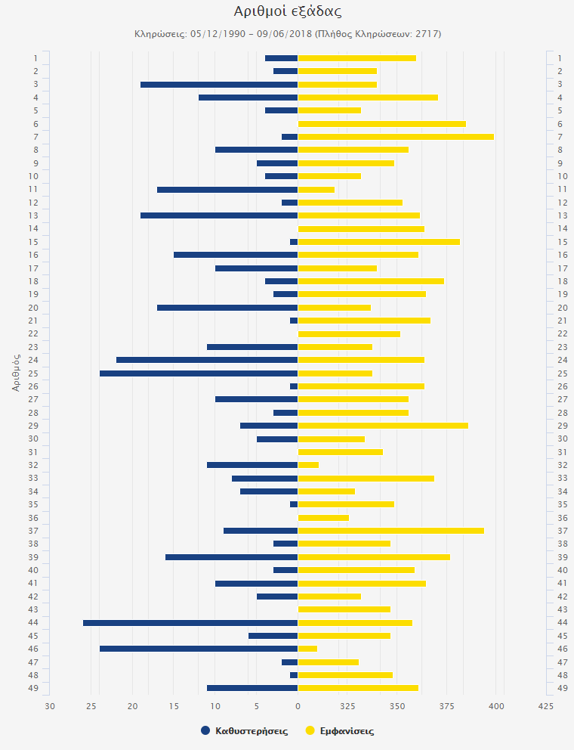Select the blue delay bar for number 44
pyautogui.click(x=190, y=622)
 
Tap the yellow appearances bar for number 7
pyautogui.click(x=396, y=137)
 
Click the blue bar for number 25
pyautogui.click(x=199, y=373)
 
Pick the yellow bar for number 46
pyautogui.click(x=307, y=649)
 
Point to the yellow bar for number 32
pyautogui.click(x=308, y=465)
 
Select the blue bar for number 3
pyautogui.click(x=219, y=84)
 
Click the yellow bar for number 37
pyautogui.click(x=391, y=531)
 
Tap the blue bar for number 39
pyautogui.click(x=231, y=557)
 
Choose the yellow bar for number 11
pyautogui.click(x=316, y=189)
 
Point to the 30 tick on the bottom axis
pyautogui.click(x=50, y=706)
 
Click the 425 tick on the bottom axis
pyautogui.click(x=546, y=706)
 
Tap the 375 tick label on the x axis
pyautogui.click(x=446, y=706)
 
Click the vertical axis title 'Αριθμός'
pyautogui.click(x=16, y=370)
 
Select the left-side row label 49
pyautogui.click(x=35, y=688)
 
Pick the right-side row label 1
pyautogui.click(x=560, y=58)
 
